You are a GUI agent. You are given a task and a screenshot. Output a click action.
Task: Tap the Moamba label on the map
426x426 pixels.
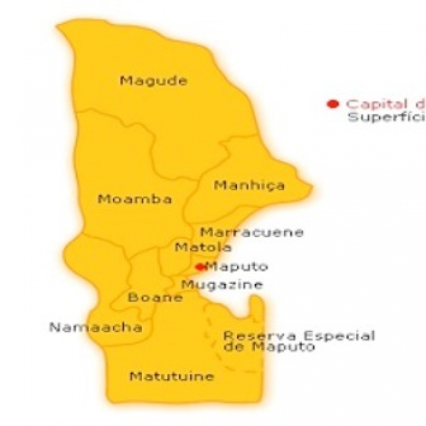click(x=135, y=199)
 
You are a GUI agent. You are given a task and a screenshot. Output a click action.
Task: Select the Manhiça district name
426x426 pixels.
click(x=250, y=185)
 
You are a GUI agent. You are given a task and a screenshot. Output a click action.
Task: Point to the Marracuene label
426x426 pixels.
click(x=252, y=232)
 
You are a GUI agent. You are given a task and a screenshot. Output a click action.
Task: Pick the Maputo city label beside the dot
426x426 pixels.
click(x=237, y=267)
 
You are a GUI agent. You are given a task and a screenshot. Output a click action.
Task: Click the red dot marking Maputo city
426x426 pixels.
click(x=199, y=267)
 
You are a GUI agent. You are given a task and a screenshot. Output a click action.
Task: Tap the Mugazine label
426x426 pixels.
click(x=222, y=285)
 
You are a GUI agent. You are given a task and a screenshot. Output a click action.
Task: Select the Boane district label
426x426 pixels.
click(x=155, y=297)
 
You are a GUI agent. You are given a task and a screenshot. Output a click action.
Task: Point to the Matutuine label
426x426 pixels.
click(x=172, y=376)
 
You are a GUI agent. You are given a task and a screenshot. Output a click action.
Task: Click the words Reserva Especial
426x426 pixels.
click(x=299, y=336)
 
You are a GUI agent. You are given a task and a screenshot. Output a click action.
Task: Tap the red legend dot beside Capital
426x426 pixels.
click(x=334, y=104)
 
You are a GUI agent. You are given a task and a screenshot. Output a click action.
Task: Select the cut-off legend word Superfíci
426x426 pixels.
click(x=385, y=118)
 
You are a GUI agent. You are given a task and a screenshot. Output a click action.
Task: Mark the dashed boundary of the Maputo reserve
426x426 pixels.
click(x=210, y=330)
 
